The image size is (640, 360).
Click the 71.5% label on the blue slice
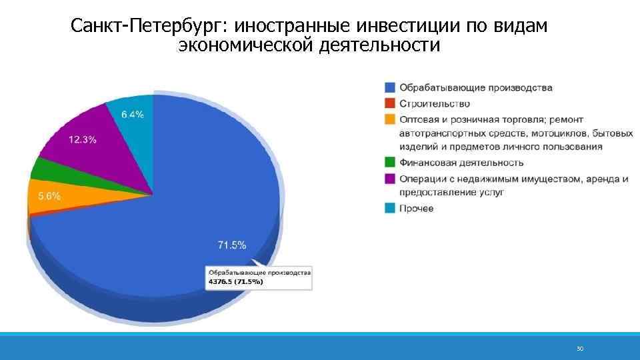232,245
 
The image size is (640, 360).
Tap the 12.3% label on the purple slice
83,139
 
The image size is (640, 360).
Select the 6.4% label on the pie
132,114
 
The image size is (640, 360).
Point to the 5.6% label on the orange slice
49,196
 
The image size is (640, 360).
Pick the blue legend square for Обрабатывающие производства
390,87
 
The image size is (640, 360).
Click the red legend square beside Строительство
390,103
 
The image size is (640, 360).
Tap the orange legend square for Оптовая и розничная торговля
390,119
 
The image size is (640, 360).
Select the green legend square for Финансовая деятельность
390,162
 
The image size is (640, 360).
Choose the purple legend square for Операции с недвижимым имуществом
390,178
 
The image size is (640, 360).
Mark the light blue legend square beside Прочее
390,208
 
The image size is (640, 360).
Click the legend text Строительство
435,103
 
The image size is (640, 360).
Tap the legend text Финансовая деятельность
461,162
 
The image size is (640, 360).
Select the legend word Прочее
417,208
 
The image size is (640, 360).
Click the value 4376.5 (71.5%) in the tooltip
236,281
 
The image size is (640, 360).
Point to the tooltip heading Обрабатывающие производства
260,273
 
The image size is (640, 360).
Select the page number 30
579,349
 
